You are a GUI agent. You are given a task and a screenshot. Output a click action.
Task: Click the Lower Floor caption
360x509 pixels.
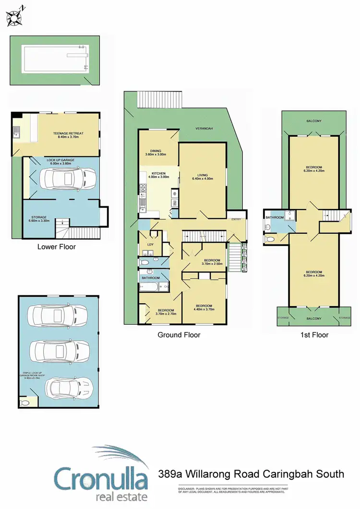coord(57,247)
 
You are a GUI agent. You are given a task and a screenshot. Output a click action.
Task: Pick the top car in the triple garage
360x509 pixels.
coord(58,315)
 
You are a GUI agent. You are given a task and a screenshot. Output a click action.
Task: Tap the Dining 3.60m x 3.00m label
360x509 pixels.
coord(155,152)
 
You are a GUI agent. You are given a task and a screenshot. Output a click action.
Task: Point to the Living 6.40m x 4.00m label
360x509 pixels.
coord(203,177)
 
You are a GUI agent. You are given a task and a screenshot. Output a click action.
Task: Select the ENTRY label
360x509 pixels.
coord(236,220)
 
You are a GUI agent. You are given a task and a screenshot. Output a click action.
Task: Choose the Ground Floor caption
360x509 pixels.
coord(179,335)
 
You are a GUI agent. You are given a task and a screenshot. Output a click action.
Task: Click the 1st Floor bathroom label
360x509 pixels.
coord(275,217)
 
